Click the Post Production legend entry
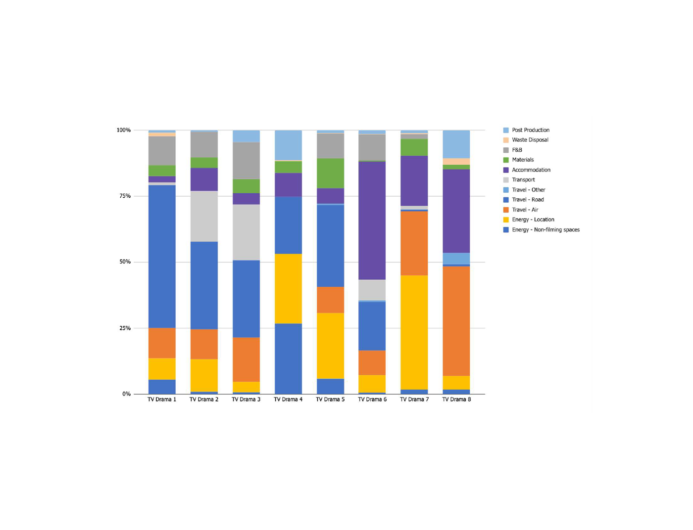[530, 130]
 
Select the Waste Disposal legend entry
[530, 140]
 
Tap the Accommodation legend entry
[531, 170]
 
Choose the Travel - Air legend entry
[525, 210]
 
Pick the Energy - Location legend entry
[533, 220]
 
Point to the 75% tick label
[125, 196]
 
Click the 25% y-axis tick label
[125, 328]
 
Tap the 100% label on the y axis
[124, 130]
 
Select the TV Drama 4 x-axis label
[288, 399]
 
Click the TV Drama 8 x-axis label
[456, 399]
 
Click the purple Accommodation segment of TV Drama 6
[372, 221]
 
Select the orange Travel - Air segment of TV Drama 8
[456, 321]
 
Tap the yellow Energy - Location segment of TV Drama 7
[414, 332]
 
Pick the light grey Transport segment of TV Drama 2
[204, 216]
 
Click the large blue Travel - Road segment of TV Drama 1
[162, 256]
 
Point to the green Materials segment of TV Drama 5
[330, 173]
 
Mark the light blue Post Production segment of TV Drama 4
[288, 145]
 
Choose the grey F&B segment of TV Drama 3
[246, 161]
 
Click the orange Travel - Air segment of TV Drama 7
[414, 243]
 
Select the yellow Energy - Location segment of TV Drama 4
[288, 289]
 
